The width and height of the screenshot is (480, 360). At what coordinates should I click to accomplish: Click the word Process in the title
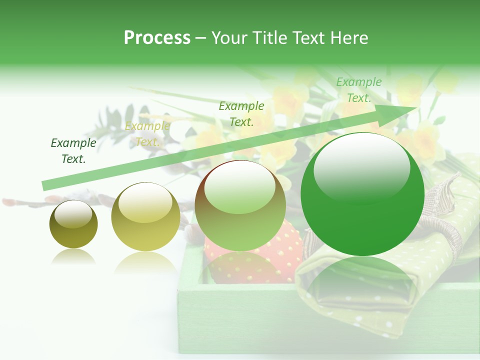point(157,38)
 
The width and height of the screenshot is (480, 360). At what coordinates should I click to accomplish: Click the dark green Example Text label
point(73,151)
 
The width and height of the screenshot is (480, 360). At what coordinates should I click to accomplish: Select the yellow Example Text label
point(147,134)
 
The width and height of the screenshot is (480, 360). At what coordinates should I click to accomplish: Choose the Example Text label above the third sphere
point(241,113)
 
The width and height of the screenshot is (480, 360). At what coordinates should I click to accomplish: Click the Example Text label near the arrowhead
point(358,90)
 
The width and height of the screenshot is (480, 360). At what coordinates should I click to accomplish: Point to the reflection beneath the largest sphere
point(361,282)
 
